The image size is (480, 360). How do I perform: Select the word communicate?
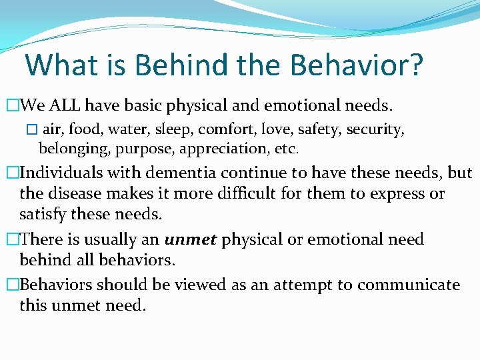pos(408,285)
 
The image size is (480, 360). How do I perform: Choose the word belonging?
pos(71,147)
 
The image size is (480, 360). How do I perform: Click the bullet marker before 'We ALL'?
pos(11,105)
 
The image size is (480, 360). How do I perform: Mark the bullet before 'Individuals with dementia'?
pos(11,173)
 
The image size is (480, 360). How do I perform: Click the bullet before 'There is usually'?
pos(11,240)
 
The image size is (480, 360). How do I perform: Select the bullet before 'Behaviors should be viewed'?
pos(11,285)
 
